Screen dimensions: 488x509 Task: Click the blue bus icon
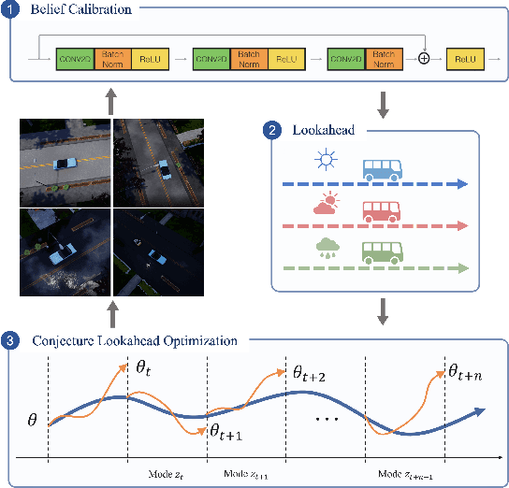point(383,168)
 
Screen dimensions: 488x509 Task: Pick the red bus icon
point(383,209)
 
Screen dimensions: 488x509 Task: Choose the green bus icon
point(383,251)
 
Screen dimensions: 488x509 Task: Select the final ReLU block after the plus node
point(463,59)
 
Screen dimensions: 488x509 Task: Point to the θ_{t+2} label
point(308,374)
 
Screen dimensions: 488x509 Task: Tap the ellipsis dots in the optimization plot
point(327,418)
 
